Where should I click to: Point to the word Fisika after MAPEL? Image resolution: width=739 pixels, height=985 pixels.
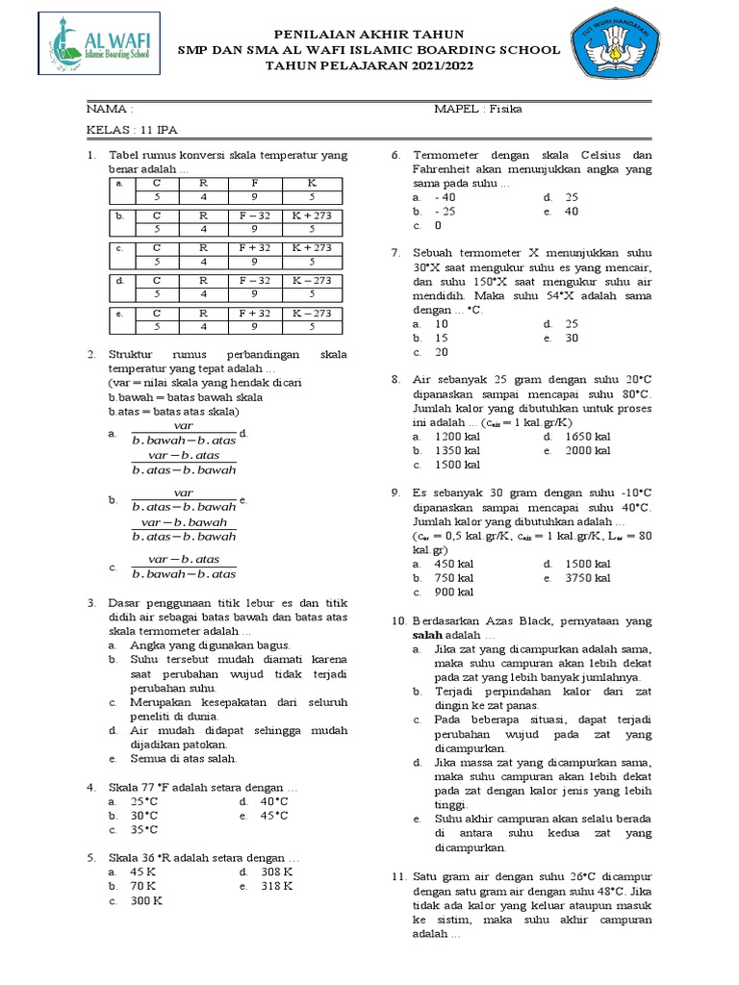point(504,109)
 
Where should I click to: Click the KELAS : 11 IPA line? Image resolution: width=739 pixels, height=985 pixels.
point(132,130)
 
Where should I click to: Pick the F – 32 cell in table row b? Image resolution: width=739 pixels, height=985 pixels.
point(256,215)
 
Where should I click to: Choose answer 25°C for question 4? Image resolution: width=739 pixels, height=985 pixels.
point(144,800)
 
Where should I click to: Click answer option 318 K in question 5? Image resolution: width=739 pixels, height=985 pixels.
point(278,886)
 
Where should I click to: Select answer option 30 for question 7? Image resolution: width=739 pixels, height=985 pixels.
point(572,339)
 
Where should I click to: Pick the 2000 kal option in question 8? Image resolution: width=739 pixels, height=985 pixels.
point(589,450)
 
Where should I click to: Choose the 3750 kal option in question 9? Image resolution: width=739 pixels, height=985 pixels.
point(589,578)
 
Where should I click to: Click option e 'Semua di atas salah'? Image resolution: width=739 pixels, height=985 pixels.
point(183,758)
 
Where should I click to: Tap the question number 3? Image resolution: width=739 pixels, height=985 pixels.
point(91,602)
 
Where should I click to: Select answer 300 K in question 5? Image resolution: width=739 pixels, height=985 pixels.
point(146,900)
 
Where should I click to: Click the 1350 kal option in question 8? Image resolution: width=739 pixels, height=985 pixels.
point(458,450)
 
